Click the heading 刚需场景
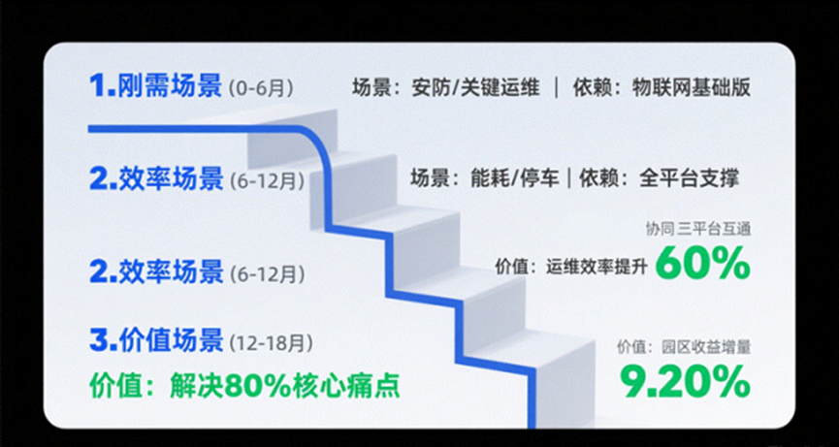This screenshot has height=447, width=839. coord(169,86)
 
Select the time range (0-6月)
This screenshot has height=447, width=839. coord(261,88)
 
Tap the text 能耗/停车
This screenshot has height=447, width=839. coord(514,178)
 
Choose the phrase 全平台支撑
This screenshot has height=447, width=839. coord(690,178)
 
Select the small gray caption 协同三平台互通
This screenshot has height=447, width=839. coord(698,231)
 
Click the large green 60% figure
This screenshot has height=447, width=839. coord(702,263)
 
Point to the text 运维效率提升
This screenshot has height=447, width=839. coord(597,266)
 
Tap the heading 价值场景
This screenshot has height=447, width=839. coord(171,341)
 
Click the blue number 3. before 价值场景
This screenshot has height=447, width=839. coord(104,342)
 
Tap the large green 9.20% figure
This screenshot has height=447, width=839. coord(686,381)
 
